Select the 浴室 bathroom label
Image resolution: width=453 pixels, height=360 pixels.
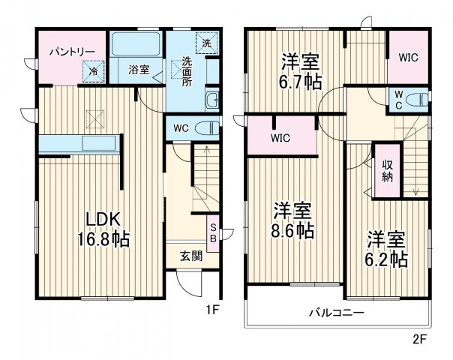point(138,70)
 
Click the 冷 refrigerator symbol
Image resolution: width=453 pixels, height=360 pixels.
point(94,71)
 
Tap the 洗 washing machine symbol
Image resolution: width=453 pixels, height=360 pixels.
point(205,42)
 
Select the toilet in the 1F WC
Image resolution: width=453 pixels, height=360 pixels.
point(208,127)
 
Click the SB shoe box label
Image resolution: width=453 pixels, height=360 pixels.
point(213,232)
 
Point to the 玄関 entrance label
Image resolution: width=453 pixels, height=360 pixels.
point(190,256)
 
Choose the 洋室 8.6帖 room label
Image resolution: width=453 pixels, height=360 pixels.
point(292,219)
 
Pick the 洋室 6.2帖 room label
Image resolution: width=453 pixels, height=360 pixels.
point(386,249)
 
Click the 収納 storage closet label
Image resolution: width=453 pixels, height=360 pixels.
point(388,171)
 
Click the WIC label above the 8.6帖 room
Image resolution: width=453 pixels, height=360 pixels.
point(281,139)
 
